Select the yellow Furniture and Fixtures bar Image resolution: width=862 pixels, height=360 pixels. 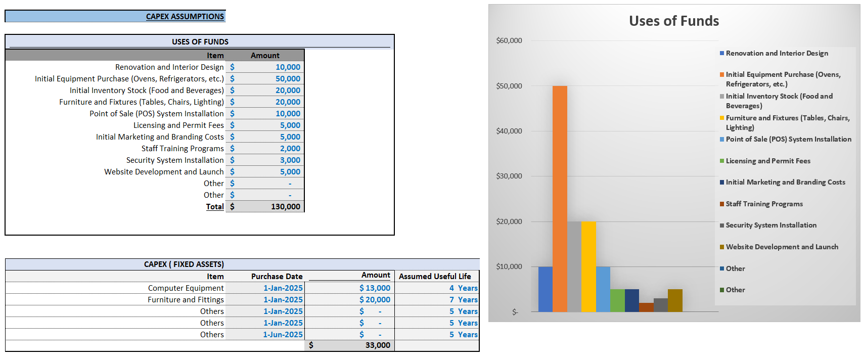(x=588, y=266)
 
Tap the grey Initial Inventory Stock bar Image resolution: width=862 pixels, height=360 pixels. (x=574, y=266)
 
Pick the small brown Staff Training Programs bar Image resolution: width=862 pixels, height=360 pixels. (x=646, y=307)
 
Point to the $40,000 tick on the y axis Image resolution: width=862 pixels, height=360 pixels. (x=509, y=131)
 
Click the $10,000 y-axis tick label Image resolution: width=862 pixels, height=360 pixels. (x=509, y=266)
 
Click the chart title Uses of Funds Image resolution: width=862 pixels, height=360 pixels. (x=674, y=21)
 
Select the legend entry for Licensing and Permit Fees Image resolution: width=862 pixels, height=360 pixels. (x=767, y=161)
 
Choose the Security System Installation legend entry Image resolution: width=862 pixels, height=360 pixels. (x=770, y=225)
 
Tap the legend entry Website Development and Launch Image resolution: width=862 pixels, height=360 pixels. (x=782, y=247)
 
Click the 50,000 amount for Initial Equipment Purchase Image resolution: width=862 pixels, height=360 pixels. (x=288, y=79)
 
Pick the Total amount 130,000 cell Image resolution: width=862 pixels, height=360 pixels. (x=285, y=207)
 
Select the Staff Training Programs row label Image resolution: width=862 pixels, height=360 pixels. (x=183, y=149)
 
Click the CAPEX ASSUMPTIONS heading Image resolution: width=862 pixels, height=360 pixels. (x=185, y=17)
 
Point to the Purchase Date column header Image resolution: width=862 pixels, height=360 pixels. (x=277, y=277)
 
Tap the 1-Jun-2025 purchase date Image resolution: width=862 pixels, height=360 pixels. (x=283, y=335)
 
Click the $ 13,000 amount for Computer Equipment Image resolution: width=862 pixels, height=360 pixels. (x=375, y=288)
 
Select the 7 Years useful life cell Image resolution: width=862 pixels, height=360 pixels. (x=463, y=300)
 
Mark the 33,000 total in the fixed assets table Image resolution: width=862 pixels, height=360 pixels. (x=378, y=345)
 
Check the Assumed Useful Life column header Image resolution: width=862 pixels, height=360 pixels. (x=435, y=277)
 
